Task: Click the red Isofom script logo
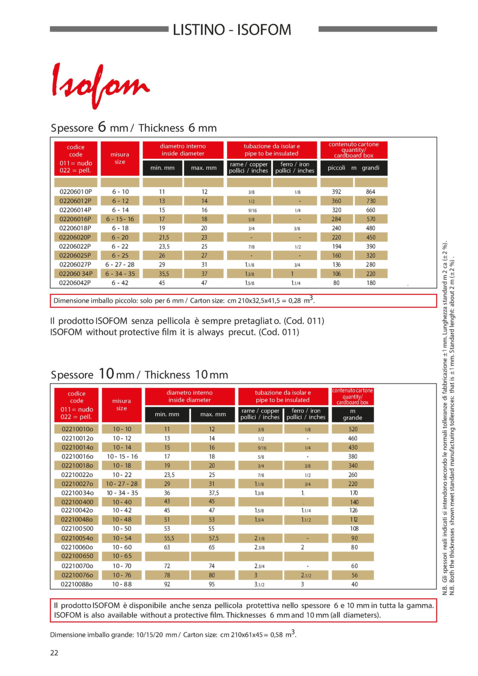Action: [x=100, y=86]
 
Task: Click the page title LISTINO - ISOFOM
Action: [x=232, y=29]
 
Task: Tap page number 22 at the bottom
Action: [x=54, y=653]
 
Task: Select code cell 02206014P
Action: [x=76, y=210]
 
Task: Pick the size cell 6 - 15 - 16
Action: [x=120, y=219]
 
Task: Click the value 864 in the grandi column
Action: [x=371, y=191]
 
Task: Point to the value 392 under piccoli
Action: [x=337, y=191]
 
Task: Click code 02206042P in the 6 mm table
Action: [x=75, y=283]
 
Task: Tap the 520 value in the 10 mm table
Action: [x=353, y=429]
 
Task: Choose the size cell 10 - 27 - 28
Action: [x=122, y=484]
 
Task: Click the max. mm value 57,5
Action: [x=214, y=538]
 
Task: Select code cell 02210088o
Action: [x=77, y=584]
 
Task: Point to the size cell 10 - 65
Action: [x=122, y=556]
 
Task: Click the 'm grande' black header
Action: [x=352, y=415]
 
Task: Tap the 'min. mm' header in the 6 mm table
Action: [x=162, y=168]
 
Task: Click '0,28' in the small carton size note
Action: [x=295, y=301]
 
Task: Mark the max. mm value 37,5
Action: [x=214, y=493]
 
